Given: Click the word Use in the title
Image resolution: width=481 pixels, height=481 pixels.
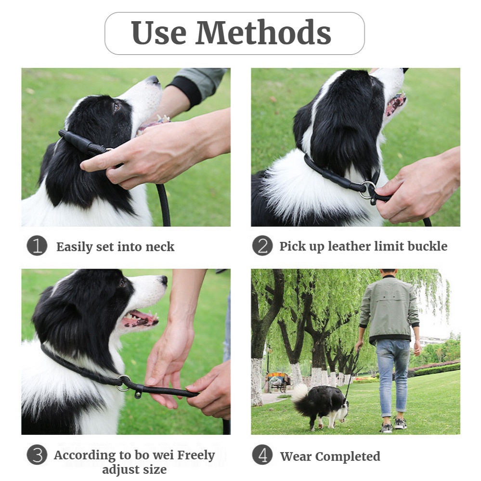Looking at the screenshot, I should pyautogui.click(x=158, y=33).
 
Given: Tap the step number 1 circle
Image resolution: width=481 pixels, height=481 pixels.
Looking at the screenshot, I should pyautogui.click(x=37, y=246).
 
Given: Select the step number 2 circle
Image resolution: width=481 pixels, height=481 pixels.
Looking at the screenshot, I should pyautogui.click(x=262, y=246).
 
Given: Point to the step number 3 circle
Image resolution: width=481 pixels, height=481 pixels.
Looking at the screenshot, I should pyautogui.click(x=37, y=455).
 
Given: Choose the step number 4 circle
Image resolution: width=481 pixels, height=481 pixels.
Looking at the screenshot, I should pyautogui.click(x=262, y=455).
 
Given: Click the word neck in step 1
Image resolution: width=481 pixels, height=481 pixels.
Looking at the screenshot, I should pyautogui.click(x=160, y=247).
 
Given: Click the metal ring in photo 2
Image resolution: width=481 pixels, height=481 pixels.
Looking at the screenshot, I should pyautogui.click(x=368, y=189).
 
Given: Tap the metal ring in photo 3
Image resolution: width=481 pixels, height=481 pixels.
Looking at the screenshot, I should pyautogui.click(x=124, y=382).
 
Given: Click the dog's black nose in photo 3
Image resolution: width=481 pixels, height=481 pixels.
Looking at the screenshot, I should pyautogui.click(x=164, y=280).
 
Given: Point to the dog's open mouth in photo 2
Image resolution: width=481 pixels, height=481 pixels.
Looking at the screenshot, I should pyautogui.click(x=395, y=104).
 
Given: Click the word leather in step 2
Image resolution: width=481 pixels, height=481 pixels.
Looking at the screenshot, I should pyautogui.click(x=350, y=246).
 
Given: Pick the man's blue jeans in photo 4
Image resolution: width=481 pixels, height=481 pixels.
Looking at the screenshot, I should pyautogui.click(x=392, y=373).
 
